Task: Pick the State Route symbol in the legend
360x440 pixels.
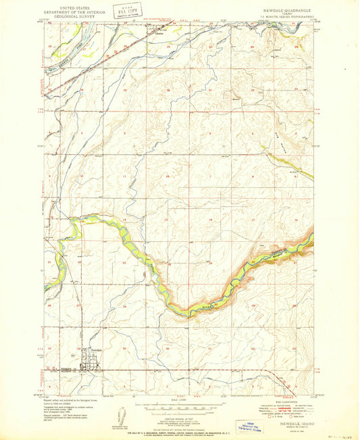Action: [x=292, y=422]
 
